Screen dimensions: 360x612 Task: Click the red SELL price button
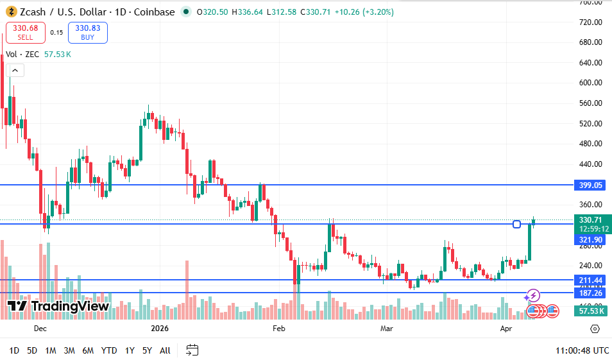pyautogui.click(x=26, y=32)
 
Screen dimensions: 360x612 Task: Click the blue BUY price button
pyautogui.click(x=88, y=32)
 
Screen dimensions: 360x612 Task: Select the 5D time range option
pyautogui.click(x=32, y=350)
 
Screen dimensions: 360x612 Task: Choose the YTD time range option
pyautogui.click(x=109, y=350)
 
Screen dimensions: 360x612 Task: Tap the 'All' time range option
pyautogui.click(x=165, y=350)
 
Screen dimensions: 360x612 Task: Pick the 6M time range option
pyautogui.click(x=88, y=350)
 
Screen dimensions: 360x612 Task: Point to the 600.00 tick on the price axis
pyautogui.click(x=590, y=83)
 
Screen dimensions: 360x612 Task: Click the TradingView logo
pyautogui.click(x=58, y=307)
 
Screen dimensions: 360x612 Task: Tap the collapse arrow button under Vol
pyautogui.click(x=15, y=71)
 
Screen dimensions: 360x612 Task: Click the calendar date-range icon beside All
pyautogui.click(x=192, y=350)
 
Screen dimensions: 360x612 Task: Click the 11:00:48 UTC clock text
pyautogui.click(x=582, y=350)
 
